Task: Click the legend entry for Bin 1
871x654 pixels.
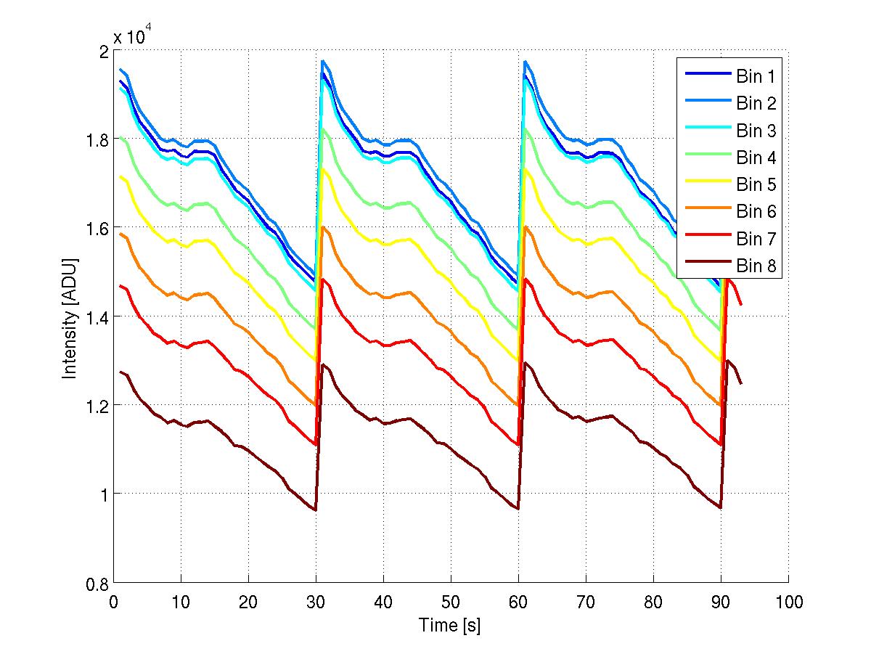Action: click(x=756, y=76)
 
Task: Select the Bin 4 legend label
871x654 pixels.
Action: click(x=756, y=158)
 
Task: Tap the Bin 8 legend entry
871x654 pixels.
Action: click(x=756, y=266)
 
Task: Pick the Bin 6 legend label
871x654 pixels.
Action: click(x=756, y=212)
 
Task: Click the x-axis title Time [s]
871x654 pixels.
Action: click(x=450, y=625)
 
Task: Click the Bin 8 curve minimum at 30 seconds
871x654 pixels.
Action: click(x=316, y=510)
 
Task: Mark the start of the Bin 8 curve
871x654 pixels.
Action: click(x=120, y=372)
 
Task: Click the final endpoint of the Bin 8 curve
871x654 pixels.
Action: click(x=741, y=384)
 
